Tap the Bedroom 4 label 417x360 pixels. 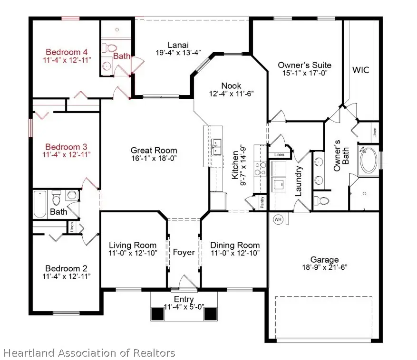pos(67,52)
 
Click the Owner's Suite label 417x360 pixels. pos(304,65)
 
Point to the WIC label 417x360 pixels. pos(360,70)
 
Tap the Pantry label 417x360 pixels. pos(262,202)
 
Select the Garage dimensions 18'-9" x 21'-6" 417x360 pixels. pos(324,267)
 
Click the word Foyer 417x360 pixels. pos(184,252)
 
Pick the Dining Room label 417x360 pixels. pos(235,245)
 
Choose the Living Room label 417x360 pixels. pos(133,245)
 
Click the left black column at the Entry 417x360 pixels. pos(157,314)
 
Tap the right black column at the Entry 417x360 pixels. pos(210,314)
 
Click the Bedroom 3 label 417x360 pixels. pos(67,147)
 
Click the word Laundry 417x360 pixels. pos(300,181)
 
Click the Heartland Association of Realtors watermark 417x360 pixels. pos(89,353)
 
